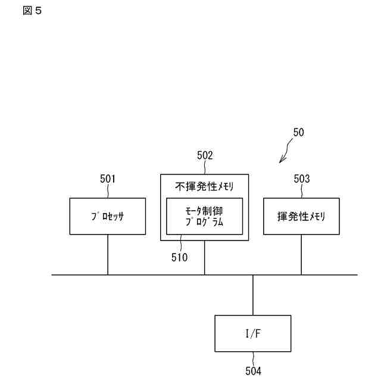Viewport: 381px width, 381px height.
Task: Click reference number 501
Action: [x=108, y=179]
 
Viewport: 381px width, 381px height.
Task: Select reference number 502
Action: [x=205, y=156]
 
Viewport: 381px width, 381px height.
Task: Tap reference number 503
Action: [x=302, y=179]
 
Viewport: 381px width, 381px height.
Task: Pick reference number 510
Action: [x=179, y=257]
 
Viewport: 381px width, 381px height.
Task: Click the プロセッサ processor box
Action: [x=108, y=216]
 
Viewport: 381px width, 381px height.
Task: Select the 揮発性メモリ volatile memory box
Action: [x=302, y=216]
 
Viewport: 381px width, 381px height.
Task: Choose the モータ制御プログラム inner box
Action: [x=204, y=216]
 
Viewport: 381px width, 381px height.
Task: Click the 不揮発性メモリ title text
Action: [x=204, y=186]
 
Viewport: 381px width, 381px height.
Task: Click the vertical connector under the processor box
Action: [x=108, y=254]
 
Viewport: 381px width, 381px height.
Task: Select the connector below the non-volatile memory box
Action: [x=205, y=258]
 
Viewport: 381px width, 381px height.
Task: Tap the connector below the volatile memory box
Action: [x=301, y=254]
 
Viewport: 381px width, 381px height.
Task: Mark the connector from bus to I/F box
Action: [x=253, y=295]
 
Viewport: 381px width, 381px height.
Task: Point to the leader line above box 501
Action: [x=108, y=191]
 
